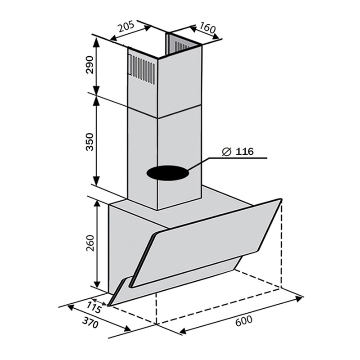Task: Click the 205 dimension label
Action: tap(126, 27)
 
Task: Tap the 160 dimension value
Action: tap(207, 28)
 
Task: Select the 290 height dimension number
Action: tap(90, 64)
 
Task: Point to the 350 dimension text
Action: tap(90, 142)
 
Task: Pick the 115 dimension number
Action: tap(94, 307)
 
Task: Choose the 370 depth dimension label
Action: tap(90, 322)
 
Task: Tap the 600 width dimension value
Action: tap(244, 321)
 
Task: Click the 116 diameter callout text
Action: tap(244, 152)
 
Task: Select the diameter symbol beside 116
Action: tap(226, 152)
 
